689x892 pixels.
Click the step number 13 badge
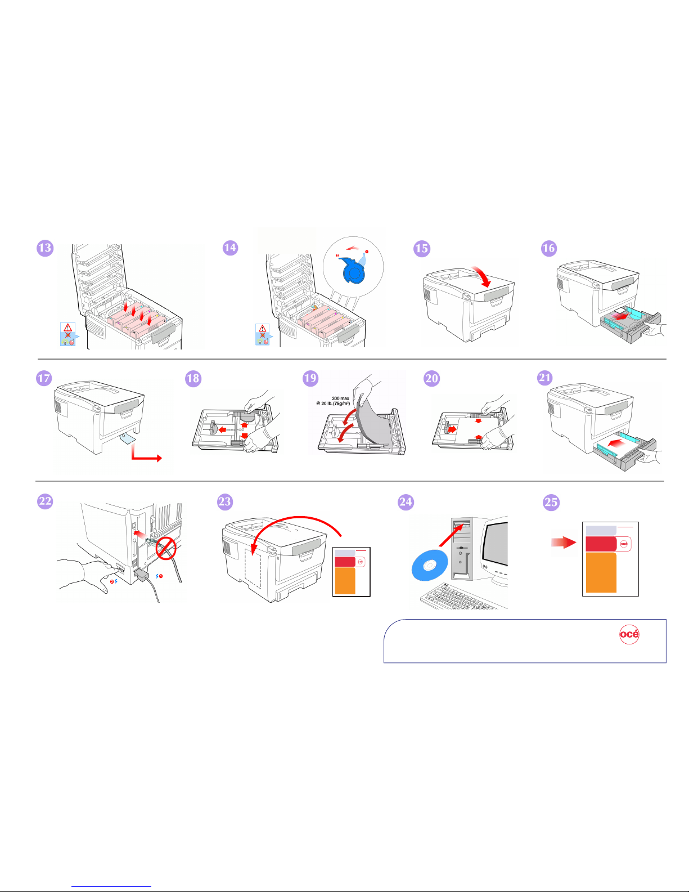[45, 248]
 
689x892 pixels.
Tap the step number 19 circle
[310, 378]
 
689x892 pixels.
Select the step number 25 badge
[551, 503]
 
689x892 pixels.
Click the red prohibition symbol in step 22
[166, 548]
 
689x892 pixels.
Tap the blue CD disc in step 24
[430, 566]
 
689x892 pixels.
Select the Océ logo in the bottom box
[629, 634]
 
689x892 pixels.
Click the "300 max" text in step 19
[340, 398]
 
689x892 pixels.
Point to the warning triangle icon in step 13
[67, 328]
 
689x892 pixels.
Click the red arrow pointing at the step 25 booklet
[564, 543]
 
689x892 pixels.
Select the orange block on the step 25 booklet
[601, 573]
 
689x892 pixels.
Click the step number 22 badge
[45, 501]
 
